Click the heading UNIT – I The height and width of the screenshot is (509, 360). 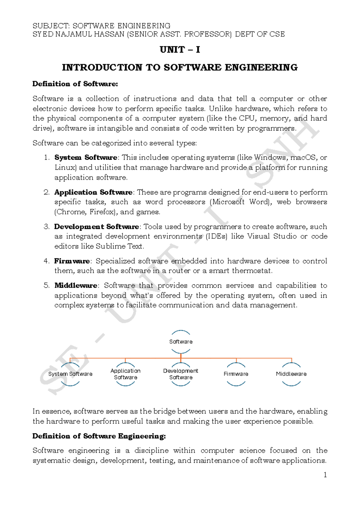point(180,50)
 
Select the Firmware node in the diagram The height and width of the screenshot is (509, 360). point(236,374)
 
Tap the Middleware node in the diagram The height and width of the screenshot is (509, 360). point(291,374)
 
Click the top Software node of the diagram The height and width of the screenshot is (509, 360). point(181,342)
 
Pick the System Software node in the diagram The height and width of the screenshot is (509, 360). point(70,374)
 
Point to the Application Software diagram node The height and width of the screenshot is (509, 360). point(125,374)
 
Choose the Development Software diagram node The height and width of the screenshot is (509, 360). point(181,374)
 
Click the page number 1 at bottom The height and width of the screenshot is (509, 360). point(325,475)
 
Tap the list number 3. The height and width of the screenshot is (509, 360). point(46,227)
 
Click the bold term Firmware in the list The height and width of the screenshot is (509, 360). point(72,261)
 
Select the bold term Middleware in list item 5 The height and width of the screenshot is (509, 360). point(76,285)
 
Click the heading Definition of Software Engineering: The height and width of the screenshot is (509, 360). point(99,436)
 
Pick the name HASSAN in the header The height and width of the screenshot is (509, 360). point(109,34)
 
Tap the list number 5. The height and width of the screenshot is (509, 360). point(46,285)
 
